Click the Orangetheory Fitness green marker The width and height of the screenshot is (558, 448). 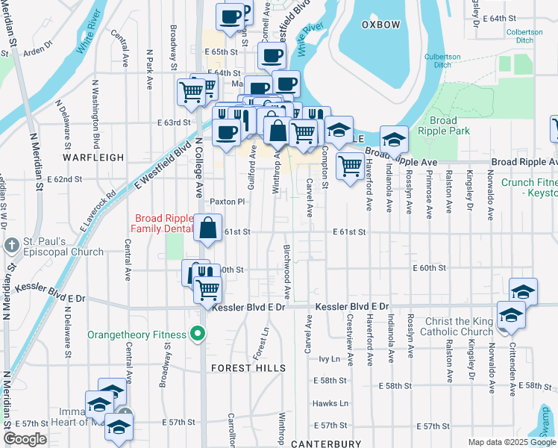[x=198, y=333]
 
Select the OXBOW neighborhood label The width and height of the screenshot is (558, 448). [x=380, y=25]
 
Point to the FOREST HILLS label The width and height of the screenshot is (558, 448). [x=248, y=368]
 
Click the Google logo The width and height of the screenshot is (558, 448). [x=25, y=439]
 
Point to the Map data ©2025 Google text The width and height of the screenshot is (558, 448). [x=511, y=442]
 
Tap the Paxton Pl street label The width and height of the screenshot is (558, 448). [x=227, y=202]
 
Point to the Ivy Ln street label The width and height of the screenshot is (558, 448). [x=329, y=359]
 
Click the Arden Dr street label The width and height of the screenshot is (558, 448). [x=38, y=52]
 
